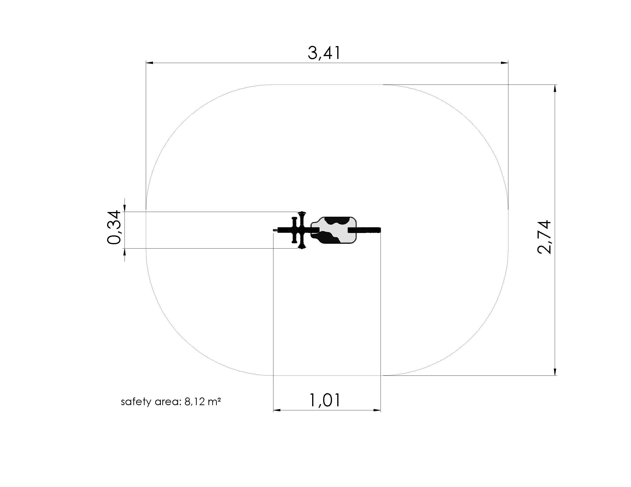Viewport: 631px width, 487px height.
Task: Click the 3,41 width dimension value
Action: point(324,53)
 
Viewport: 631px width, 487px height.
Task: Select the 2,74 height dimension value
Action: point(544,237)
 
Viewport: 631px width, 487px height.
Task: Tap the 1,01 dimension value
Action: point(325,400)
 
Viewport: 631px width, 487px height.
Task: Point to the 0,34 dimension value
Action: point(114,227)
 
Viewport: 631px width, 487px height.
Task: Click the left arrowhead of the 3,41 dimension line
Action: point(150,63)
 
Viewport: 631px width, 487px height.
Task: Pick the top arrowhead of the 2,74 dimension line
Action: point(555,89)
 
